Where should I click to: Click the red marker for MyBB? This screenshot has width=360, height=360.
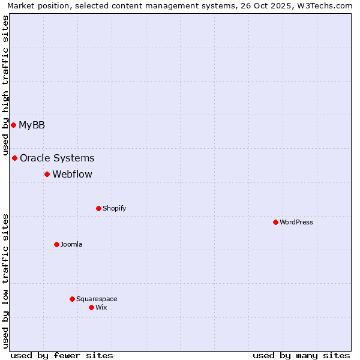pyautogui.click(x=13, y=125)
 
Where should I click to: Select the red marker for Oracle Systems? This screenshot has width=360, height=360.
pyautogui.click(x=15, y=158)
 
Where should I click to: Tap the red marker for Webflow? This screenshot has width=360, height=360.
pyautogui.click(x=47, y=174)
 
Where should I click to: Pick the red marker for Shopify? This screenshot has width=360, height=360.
pyautogui.click(x=98, y=208)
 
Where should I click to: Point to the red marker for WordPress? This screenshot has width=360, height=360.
pyautogui.click(x=275, y=222)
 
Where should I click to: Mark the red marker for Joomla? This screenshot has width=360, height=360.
pyautogui.click(x=56, y=244)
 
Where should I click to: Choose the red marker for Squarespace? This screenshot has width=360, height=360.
pyautogui.click(x=72, y=299)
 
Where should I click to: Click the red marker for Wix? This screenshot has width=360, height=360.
pyautogui.click(x=91, y=307)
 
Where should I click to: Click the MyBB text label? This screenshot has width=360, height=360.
pyautogui.click(x=32, y=125)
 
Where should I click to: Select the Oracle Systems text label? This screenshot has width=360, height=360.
pyautogui.click(x=57, y=158)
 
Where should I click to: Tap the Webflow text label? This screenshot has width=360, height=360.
pyautogui.click(x=72, y=174)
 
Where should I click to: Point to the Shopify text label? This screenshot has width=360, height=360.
pyautogui.click(x=114, y=208)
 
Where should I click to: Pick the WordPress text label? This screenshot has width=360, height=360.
pyautogui.click(x=296, y=222)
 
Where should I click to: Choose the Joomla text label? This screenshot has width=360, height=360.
pyautogui.click(x=71, y=244)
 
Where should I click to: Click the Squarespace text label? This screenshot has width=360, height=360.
pyautogui.click(x=97, y=299)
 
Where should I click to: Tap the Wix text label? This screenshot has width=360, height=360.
pyautogui.click(x=101, y=307)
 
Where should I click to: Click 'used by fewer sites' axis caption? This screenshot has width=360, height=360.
pyautogui.click(x=62, y=355)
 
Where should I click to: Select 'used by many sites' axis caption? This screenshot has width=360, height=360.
pyautogui.click(x=301, y=355)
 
